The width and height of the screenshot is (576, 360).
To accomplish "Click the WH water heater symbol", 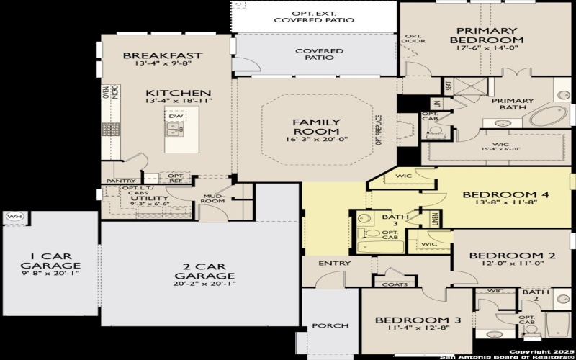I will click(x=14, y=216).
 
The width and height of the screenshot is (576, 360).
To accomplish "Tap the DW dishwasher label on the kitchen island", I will click(x=175, y=115).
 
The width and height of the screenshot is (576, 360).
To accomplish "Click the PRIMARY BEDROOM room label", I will click(x=486, y=35).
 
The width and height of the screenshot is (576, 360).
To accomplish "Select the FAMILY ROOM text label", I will click(x=315, y=127).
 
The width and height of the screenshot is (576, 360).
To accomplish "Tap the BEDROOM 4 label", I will click(x=500, y=194).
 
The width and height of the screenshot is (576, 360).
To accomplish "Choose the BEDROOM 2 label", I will click(x=512, y=256).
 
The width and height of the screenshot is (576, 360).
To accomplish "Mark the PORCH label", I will click(x=330, y=326).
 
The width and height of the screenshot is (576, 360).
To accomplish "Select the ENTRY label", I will click(x=334, y=264).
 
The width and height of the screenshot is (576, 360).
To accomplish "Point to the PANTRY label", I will click(x=120, y=181).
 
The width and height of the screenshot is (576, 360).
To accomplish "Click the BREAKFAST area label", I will click(x=163, y=55).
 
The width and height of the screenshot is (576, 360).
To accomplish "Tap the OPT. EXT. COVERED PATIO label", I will click(x=314, y=17).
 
